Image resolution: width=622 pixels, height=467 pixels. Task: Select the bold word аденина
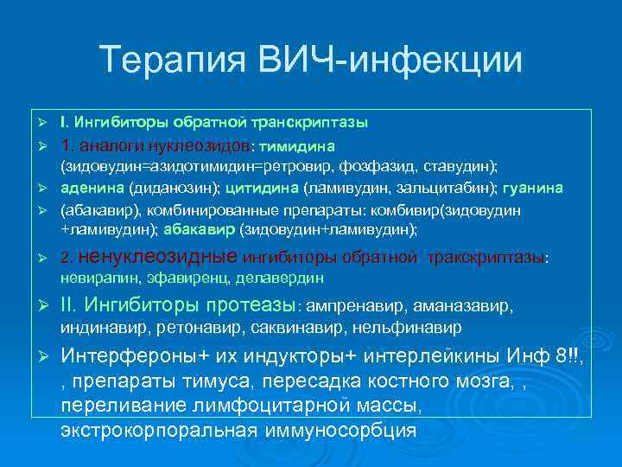tap(92, 188)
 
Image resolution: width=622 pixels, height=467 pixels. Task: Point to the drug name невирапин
tap(92, 278)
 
